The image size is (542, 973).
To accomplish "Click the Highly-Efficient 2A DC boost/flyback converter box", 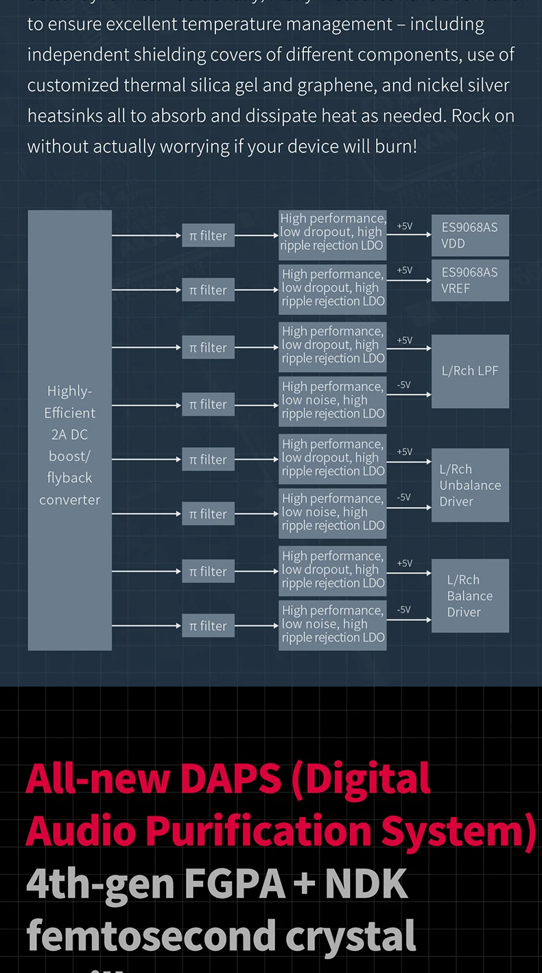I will pyautogui.click(x=69, y=431).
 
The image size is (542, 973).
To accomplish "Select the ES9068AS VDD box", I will pyautogui.click(x=470, y=236).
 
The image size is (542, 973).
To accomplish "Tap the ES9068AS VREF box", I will pyautogui.click(x=470, y=280).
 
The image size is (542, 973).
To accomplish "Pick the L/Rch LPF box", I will pyautogui.click(x=470, y=371).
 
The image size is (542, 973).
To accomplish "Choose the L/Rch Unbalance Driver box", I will pyautogui.click(x=470, y=485).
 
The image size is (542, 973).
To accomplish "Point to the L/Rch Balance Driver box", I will pyautogui.click(x=470, y=595).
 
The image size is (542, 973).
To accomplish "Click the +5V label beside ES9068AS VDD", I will pyautogui.click(x=405, y=226).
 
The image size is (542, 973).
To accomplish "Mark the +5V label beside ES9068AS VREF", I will pyautogui.click(x=405, y=271).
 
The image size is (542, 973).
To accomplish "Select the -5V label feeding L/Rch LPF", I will pyautogui.click(x=404, y=385).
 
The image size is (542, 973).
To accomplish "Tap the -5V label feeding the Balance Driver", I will pyautogui.click(x=404, y=610).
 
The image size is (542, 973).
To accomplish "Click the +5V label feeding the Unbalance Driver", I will pyautogui.click(x=405, y=452).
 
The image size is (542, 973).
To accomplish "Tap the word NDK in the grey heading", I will pyautogui.click(x=366, y=884).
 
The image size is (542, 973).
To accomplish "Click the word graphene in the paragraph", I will pyautogui.click(x=350, y=86).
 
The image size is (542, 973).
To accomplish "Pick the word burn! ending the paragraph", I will pyautogui.click(x=392, y=146).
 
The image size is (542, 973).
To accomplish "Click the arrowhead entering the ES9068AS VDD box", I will pyautogui.click(x=428, y=236).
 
